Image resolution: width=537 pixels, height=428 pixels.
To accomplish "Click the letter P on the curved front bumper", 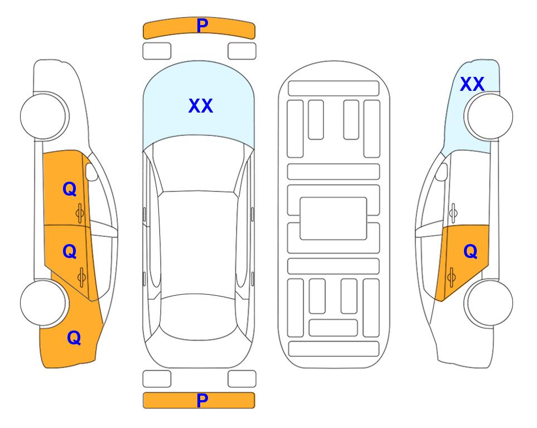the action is [x=202, y=25].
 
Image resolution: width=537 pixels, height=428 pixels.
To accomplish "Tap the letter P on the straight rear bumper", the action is [x=202, y=400].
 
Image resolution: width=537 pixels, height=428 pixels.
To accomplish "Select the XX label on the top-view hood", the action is [x=201, y=106].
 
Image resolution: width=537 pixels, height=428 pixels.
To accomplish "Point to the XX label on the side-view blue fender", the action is [x=472, y=84].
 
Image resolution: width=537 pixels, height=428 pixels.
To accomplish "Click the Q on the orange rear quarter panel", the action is [x=74, y=338].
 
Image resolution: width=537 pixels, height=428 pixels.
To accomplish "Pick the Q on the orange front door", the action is [x=70, y=189].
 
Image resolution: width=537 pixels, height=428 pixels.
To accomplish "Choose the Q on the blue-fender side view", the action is [x=470, y=252].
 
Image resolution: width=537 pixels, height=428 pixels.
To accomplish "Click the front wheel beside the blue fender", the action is [x=488, y=116].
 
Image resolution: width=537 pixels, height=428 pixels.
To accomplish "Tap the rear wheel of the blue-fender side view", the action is [x=488, y=303].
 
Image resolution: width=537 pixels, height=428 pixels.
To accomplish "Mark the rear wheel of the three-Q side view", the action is [x=44, y=303].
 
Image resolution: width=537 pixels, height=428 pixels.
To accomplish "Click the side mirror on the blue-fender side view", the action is [x=441, y=172].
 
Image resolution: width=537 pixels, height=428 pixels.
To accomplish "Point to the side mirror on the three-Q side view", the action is [x=91, y=172].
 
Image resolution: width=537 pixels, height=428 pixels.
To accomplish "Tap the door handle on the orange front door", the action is [x=80, y=213].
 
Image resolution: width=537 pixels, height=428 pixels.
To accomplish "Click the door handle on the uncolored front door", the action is [x=453, y=213].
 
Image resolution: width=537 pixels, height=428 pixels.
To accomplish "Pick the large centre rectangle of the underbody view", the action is [x=333, y=218].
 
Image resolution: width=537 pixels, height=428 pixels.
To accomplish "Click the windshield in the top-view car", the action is [x=199, y=164].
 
